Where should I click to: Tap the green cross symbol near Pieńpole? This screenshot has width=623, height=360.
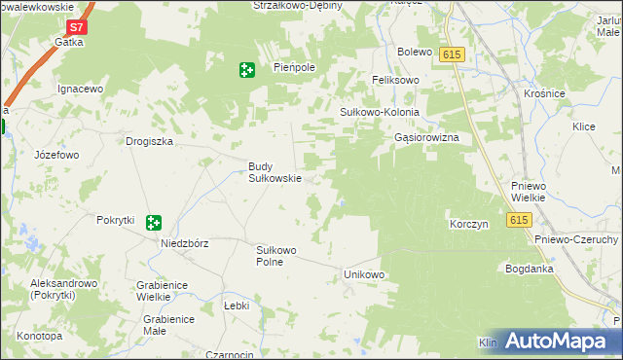pyautogui.click(x=247, y=69)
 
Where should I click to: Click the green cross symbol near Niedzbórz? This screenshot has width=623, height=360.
pyautogui.click(x=153, y=223)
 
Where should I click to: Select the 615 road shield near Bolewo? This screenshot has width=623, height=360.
pyautogui.click(x=450, y=55)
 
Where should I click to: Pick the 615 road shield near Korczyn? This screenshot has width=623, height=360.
pyautogui.click(x=518, y=221)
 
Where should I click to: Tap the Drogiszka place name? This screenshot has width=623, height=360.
pyautogui.click(x=149, y=141)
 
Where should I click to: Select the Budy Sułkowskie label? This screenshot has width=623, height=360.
pyautogui.click(x=273, y=172)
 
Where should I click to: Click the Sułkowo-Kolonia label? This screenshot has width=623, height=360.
pyautogui.click(x=379, y=112)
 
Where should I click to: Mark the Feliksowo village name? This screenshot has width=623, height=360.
pyautogui.click(x=395, y=80)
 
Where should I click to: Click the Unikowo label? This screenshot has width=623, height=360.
pyautogui.click(x=365, y=275)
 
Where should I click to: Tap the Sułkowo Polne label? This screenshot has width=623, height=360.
pyautogui.click(x=275, y=256)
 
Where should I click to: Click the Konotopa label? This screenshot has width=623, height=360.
pyautogui.click(x=39, y=336)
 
